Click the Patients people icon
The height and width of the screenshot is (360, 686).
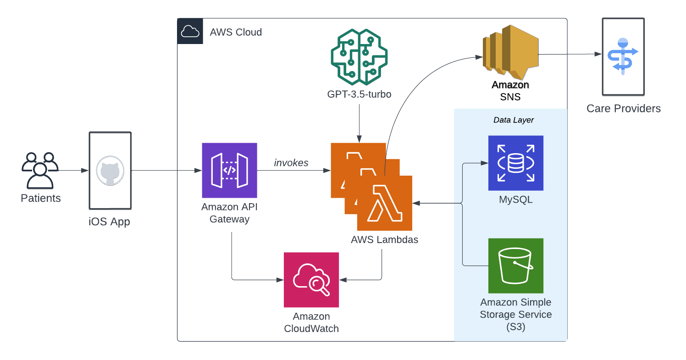click(x=40, y=171)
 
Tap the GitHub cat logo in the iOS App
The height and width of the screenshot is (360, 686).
click(x=110, y=171)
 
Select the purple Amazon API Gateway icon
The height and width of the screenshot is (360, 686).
click(x=229, y=170)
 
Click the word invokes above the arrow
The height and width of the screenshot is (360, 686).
click(x=291, y=163)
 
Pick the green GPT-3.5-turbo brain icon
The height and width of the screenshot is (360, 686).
click(x=359, y=56)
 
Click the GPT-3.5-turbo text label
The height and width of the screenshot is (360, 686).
click(x=359, y=95)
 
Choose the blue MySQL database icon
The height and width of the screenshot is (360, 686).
click(x=515, y=163)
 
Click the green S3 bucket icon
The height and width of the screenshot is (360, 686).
click(x=515, y=266)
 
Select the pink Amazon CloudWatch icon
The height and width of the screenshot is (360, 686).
click(x=311, y=279)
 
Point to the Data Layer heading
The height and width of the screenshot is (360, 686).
click(x=513, y=120)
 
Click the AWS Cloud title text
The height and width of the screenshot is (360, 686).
click(x=236, y=32)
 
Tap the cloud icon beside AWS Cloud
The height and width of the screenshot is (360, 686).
click(x=190, y=31)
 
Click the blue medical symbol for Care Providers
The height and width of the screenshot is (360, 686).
click(x=623, y=56)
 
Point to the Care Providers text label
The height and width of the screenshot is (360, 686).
click(x=623, y=109)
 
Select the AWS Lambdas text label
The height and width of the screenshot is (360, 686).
click(x=384, y=239)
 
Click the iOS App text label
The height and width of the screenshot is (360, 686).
click(x=109, y=222)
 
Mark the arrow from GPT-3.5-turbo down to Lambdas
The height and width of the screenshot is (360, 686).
click(x=359, y=122)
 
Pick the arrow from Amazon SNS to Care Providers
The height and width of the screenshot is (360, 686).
click(x=569, y=54)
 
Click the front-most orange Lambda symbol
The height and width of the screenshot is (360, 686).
click(x=385, y=203)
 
